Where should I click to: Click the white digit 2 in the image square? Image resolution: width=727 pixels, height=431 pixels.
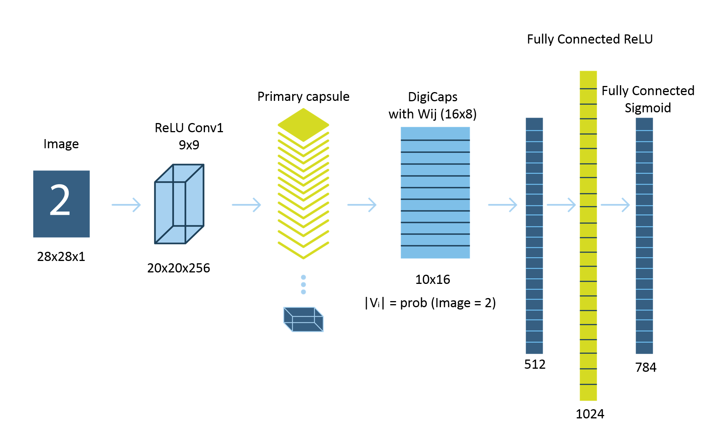60,201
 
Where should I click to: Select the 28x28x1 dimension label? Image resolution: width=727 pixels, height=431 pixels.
61,256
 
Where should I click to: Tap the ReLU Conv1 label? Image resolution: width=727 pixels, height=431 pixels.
189,128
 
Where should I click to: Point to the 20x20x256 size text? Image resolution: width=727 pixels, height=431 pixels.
179,268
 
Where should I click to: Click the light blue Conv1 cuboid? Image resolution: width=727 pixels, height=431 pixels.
179,204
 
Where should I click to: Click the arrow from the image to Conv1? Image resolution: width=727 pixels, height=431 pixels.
126,205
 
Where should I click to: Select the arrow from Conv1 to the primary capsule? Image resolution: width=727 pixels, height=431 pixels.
246,205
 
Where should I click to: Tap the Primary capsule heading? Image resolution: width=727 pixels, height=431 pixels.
303,96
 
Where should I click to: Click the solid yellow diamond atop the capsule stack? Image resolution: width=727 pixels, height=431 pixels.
303,124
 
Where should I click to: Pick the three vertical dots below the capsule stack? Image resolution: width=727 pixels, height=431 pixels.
303,285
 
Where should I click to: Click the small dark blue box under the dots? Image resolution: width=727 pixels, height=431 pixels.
303,319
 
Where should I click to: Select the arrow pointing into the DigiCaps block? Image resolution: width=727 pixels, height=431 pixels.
362,205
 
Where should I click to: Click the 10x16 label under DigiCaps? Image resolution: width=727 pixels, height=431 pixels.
433,279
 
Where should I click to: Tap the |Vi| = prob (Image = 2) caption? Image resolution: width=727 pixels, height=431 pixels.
430,303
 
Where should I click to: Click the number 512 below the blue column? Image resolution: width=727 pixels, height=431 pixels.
535,364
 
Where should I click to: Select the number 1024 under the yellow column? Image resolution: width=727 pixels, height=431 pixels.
590,414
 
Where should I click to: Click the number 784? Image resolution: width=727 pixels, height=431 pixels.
646,367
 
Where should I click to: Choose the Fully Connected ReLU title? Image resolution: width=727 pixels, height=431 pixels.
590,39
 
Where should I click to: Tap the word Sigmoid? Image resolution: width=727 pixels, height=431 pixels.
647,108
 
